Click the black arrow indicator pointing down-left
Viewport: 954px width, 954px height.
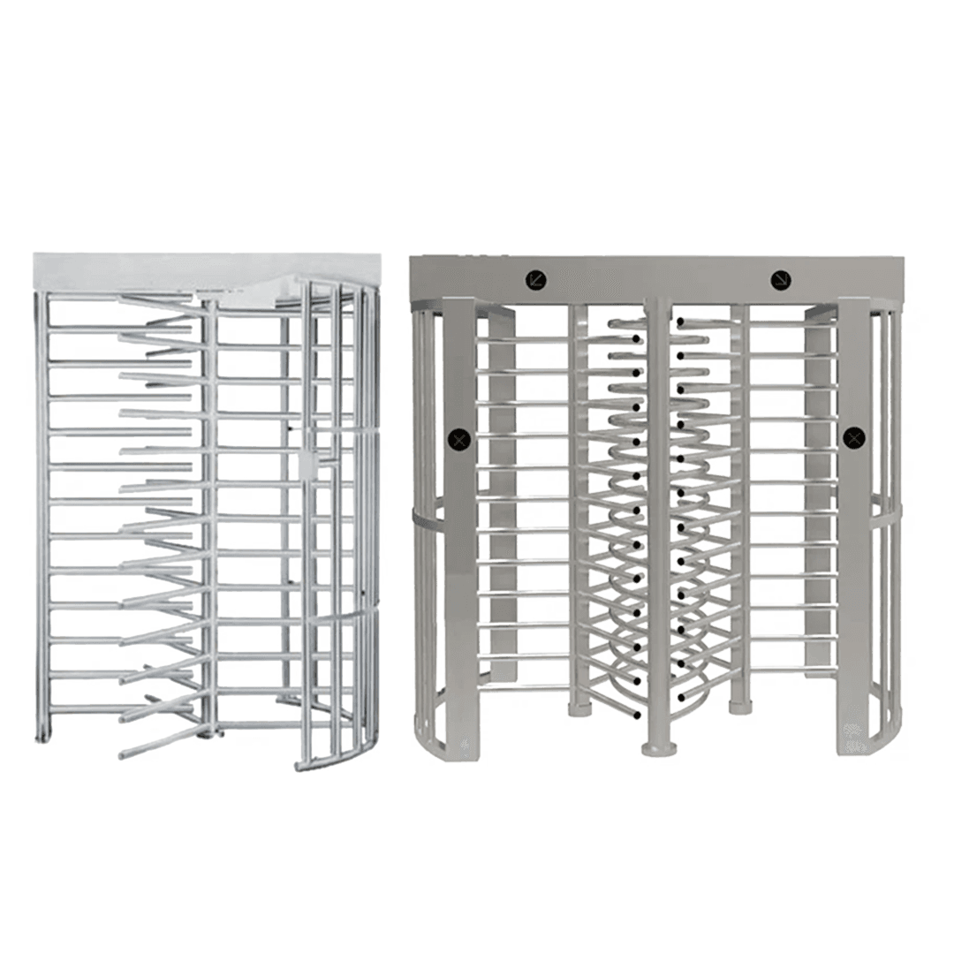535,279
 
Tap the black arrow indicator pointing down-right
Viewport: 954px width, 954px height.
780,279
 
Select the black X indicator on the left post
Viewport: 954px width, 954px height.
458,437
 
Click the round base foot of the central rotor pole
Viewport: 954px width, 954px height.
658,749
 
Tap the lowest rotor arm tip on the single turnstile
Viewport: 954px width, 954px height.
124,755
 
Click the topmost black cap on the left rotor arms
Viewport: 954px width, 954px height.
636,337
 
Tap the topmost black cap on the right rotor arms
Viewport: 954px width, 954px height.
681,323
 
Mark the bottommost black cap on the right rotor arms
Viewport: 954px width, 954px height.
681,698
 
